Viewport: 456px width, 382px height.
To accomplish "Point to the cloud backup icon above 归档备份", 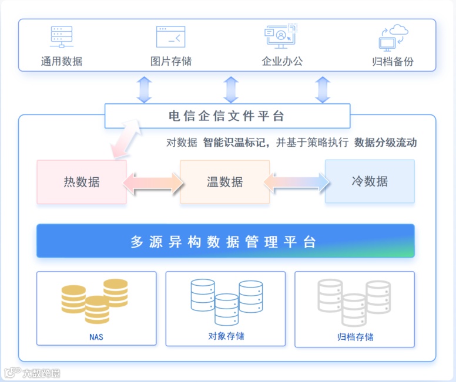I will click(393, 38).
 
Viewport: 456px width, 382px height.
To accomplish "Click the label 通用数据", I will click(61, 61).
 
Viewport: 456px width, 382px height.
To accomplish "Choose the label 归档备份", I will click(393, 61).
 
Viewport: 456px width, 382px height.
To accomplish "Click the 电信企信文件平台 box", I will click(227, 116).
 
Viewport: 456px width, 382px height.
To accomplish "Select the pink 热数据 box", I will click(82, 182).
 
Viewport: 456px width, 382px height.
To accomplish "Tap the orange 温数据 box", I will click(224, 182).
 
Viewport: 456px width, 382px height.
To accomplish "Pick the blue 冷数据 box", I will click(370, 181).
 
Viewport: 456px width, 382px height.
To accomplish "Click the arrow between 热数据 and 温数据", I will click(153, 182).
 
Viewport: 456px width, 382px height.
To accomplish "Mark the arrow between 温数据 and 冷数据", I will click(297, 182).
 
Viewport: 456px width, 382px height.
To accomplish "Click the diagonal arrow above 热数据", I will click(126, 139).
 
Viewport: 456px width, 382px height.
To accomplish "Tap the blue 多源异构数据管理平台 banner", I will click(225, 241).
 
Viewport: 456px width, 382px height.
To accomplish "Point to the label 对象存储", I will click(226, 336).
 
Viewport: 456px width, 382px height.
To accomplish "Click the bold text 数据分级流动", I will click(385, 143).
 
